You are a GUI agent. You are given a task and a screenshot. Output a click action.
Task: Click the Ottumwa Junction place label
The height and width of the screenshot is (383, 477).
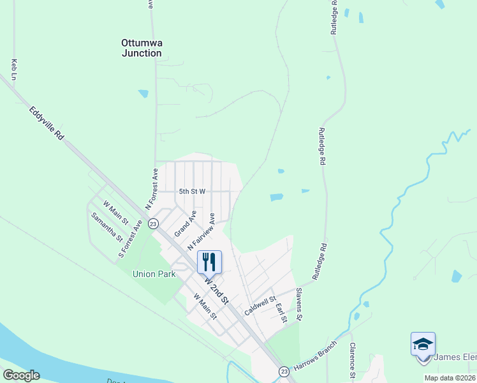click(x=142, y=49)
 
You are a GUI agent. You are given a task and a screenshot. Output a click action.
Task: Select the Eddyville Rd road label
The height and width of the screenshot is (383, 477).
click(x=47, y=123)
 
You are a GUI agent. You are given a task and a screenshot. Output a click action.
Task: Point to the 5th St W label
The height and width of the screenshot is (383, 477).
click(x=192, y=191)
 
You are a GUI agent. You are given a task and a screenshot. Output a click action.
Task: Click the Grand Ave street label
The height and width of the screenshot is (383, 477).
click(x=186, y=221)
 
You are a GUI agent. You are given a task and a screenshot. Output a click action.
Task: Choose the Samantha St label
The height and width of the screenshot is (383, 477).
click(x=106, y=227)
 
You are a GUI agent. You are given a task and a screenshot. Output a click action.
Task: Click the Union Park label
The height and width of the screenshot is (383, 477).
click(x=154, y=274)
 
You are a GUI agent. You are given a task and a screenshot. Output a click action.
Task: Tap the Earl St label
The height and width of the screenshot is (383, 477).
click(x=280, y=312)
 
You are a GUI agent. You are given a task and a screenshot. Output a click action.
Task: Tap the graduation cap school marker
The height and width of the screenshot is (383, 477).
click(x=423, y=344)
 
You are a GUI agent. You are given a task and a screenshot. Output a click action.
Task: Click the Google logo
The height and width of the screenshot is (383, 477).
click(x=21, y=375)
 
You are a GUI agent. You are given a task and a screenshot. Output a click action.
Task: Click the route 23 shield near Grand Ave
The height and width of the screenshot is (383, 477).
click(x=153, y=223)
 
